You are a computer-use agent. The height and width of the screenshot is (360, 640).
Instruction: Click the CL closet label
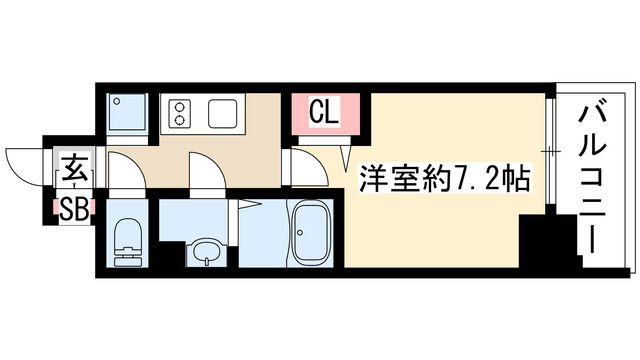[x=323, y=111]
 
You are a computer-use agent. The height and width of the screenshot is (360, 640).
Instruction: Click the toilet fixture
[x=127, y=241]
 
